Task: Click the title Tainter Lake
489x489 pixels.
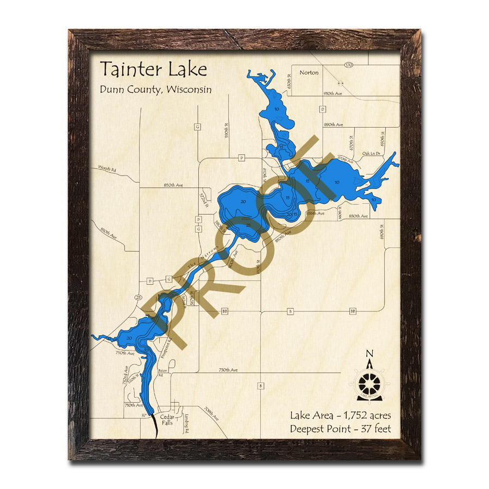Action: (153, 70)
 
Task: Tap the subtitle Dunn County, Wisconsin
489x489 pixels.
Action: (155, 90)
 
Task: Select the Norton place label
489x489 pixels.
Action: (309, 72)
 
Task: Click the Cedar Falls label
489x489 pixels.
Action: (167, 419)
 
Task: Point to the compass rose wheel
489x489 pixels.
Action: (369, 383)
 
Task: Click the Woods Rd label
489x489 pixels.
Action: (107, 170)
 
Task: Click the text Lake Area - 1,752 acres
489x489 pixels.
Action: (340, 416)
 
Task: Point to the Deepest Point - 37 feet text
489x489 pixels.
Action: (340, 429)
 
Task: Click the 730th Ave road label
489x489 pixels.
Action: (228, 370)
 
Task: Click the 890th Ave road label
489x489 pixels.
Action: (333, 125)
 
